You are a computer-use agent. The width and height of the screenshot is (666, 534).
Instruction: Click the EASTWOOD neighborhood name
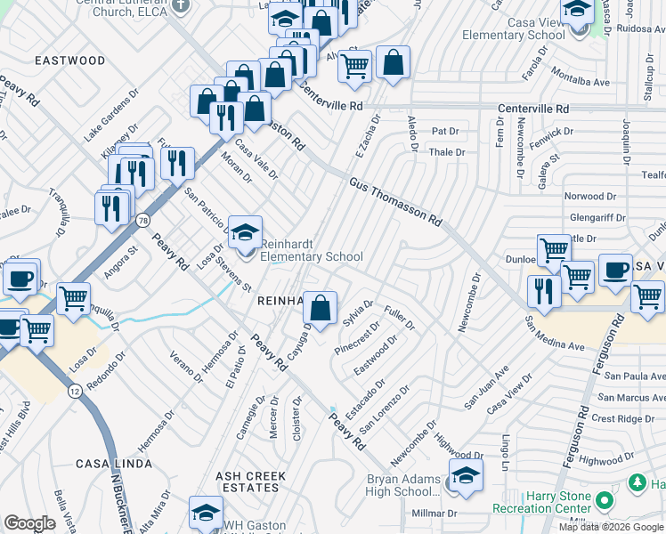click(69, 61)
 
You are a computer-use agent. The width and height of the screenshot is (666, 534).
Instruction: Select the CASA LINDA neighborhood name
click(113, 464)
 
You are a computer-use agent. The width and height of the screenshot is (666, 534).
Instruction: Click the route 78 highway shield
click(142, 220)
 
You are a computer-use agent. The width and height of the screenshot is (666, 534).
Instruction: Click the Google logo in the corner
click(29, 523)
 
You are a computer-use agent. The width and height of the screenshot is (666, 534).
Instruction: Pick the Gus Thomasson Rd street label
click(396, 201)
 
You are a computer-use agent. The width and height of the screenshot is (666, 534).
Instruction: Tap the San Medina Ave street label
click(554, 333)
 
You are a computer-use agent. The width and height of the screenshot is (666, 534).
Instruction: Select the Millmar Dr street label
click(434, 514)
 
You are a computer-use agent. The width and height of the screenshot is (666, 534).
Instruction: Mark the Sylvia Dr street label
click(357, 313)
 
